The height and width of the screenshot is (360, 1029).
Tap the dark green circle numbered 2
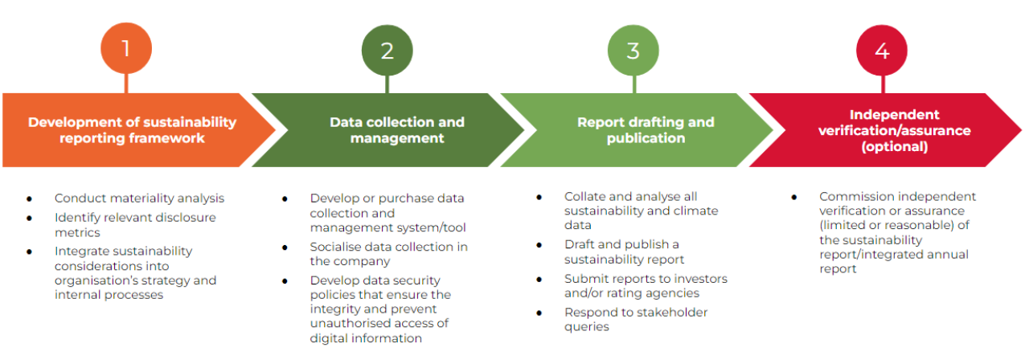coord(387,50)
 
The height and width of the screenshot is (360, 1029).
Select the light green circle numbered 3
coord(633,50)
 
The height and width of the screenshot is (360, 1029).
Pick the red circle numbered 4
coord(882,50)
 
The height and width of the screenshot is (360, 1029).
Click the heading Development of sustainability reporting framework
coord(133,130)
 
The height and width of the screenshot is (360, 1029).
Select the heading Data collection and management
coord(396,130)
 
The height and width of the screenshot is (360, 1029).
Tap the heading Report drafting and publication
coord(646,130)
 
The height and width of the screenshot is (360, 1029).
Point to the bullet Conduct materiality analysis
coord(139,198)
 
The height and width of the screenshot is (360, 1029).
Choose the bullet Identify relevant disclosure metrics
coord(135,224)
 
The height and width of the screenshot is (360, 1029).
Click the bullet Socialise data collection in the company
coord(388,254)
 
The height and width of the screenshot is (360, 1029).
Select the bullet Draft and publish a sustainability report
coord(624,252)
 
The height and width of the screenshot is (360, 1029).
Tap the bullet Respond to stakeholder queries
coord(636,319)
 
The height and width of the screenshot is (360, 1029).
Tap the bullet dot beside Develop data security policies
coord(285,280)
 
